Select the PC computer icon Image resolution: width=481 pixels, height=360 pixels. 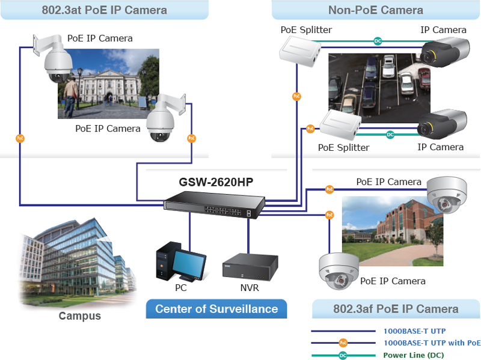[x=180, y=262]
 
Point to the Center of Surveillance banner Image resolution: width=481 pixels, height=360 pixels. [x=216, y=309]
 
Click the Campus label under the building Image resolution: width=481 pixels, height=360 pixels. [x=79, y=316]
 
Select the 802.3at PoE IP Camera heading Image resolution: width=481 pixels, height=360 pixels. [x=105, y=10]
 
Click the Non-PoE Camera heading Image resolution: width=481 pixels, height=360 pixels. [x=375, y=10]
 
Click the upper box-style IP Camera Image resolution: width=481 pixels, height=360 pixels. [x=443, y=50]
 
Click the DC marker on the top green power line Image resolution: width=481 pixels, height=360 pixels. [x=378, y=41]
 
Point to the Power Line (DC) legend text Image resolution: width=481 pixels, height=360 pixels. [x=414, y=355]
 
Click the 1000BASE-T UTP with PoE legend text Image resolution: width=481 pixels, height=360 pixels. [x=432, y=343]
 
